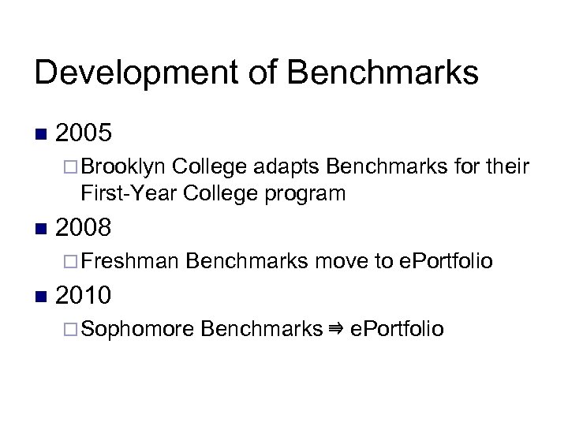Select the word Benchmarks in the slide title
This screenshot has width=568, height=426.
coord(385,73)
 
